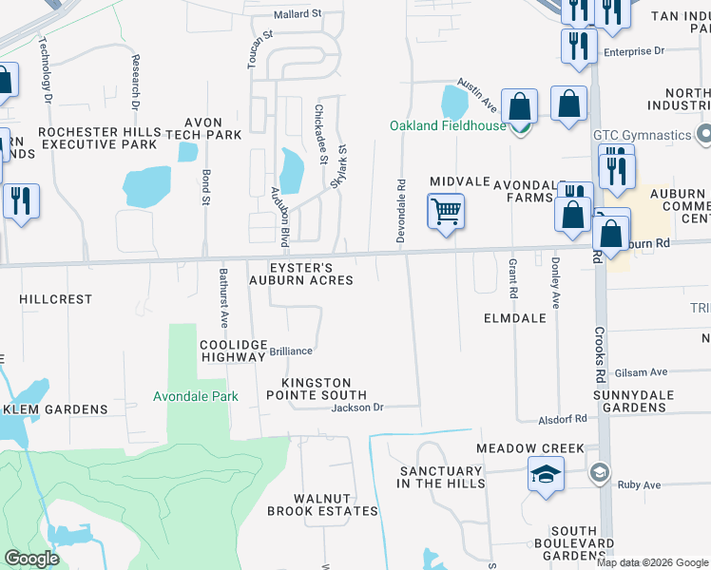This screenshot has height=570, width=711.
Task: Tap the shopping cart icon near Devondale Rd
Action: pos(446,211)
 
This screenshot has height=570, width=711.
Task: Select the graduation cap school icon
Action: pos(547,474)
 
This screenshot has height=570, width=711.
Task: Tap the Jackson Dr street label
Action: pos(356,408)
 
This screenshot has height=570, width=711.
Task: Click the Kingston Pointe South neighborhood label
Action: pos(316,388)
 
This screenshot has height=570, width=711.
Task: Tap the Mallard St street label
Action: pos(298,15)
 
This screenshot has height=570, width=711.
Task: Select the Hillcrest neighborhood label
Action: pos(56,298)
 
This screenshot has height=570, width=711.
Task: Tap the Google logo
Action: pos(32,559)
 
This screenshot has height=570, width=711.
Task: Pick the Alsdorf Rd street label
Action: pos(562,418)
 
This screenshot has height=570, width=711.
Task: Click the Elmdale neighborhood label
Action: pos(514,318)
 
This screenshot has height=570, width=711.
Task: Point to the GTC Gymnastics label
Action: pos(643,135)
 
